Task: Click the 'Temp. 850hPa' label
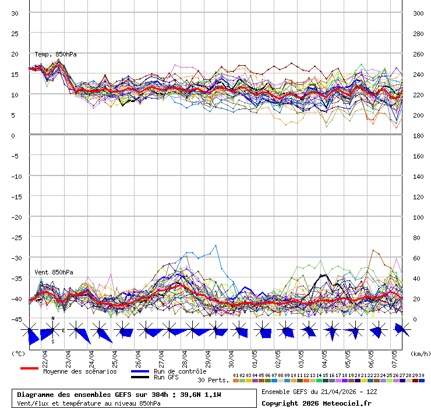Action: (55, 54)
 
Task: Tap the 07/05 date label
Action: (395, 355)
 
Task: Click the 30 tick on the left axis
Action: (15, 13)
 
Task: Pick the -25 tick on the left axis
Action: (15, 237)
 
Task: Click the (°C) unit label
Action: (18, 353)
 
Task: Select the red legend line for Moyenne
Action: (29, 368)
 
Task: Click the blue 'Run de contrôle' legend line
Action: (140, 371)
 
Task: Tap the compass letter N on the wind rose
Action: (53, 319)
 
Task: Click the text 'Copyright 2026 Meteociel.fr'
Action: (316, 403)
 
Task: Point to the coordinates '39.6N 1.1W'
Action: (200, 395)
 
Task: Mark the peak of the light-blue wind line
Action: (216, 245)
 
